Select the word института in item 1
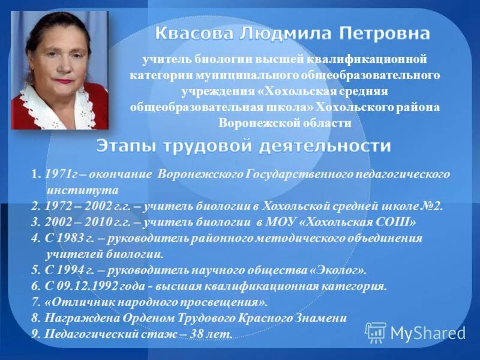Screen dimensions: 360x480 pyautogui.click(x=72, y=190)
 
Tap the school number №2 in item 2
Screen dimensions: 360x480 pyautogui.click(x=431, y=206)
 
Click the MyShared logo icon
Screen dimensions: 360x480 pyautogui.click(x=376, y=332)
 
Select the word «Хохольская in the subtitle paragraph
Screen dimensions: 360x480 pyautogui.click(x=283, y=91)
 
